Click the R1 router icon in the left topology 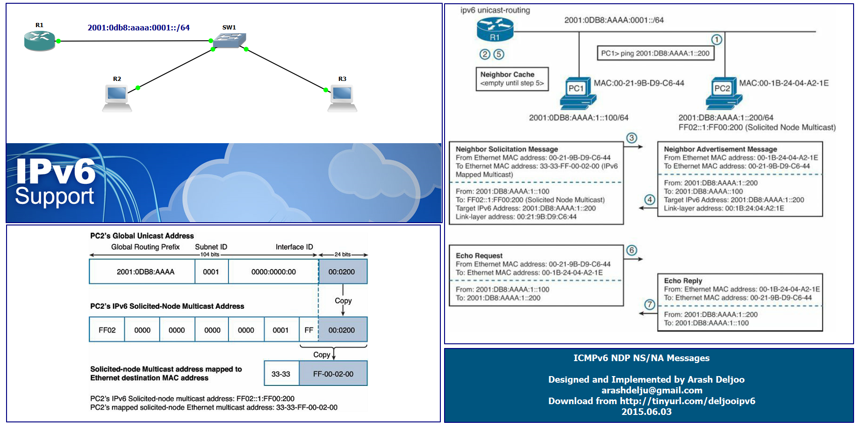40,41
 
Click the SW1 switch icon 230,41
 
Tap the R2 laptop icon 117,98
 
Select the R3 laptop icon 342,98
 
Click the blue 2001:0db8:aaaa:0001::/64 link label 139,28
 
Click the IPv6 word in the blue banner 56,172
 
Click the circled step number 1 717,40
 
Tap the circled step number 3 632,138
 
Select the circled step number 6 632,250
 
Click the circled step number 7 650,305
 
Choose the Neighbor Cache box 512,79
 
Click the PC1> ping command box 655,53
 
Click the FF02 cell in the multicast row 107,330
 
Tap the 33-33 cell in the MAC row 281,374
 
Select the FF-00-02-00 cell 333,374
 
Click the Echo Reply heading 683,281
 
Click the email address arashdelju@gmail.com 652,390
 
